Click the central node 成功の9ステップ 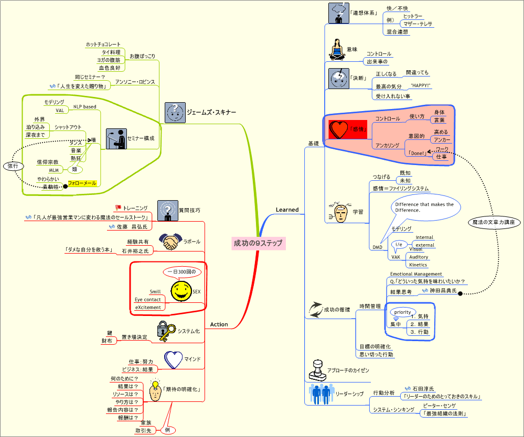tap(258, 243)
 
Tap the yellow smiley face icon tap(181, 291)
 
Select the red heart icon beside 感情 tap(339, 129)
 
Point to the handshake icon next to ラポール tap(170, 242)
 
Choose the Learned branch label tap(287, 210)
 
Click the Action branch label tap(219, 324)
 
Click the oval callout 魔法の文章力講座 tap(493, 222)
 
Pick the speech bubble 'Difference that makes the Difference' tap(425, 207)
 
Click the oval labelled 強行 tap(12, 166)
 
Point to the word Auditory tap(418, 257)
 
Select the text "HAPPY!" tap(420, 85)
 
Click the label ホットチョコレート tap(103, 45)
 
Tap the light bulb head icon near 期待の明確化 tap(155, 390)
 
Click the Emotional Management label tap(416, 274)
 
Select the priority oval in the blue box tap(403, 312)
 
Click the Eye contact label tap(148, 300)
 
